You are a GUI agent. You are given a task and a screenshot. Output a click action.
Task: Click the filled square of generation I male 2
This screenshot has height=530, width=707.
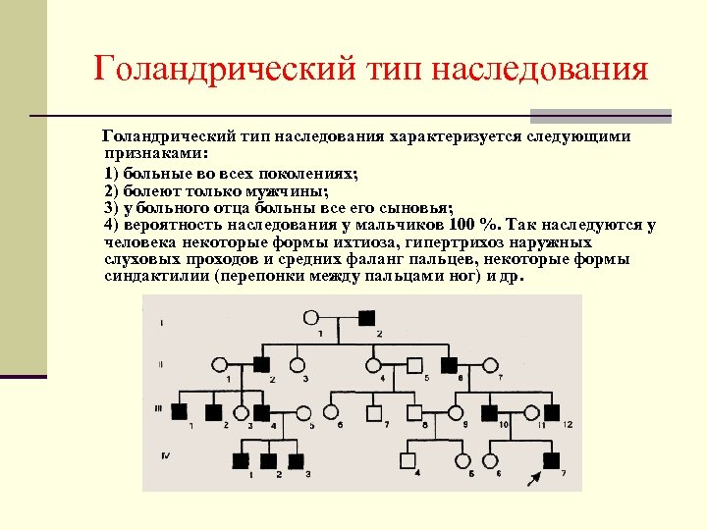tap(366, 318)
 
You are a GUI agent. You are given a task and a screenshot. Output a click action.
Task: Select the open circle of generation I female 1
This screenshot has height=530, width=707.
tap(312, 318)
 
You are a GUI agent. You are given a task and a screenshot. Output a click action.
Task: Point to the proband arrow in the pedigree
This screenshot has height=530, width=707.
tap(534, 477)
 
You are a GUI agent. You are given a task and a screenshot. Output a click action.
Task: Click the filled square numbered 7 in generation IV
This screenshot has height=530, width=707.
tap(552, 459)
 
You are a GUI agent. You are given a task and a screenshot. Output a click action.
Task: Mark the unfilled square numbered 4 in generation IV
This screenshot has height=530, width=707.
tap(407, 459)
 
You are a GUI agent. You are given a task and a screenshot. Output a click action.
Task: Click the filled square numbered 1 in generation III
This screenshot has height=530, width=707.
tap(180, 412)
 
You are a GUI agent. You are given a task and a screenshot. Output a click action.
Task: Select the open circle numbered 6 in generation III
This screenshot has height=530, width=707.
tap(332, 412)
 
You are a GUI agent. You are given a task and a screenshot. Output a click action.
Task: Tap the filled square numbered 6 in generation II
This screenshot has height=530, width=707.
tap(450, 364)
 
